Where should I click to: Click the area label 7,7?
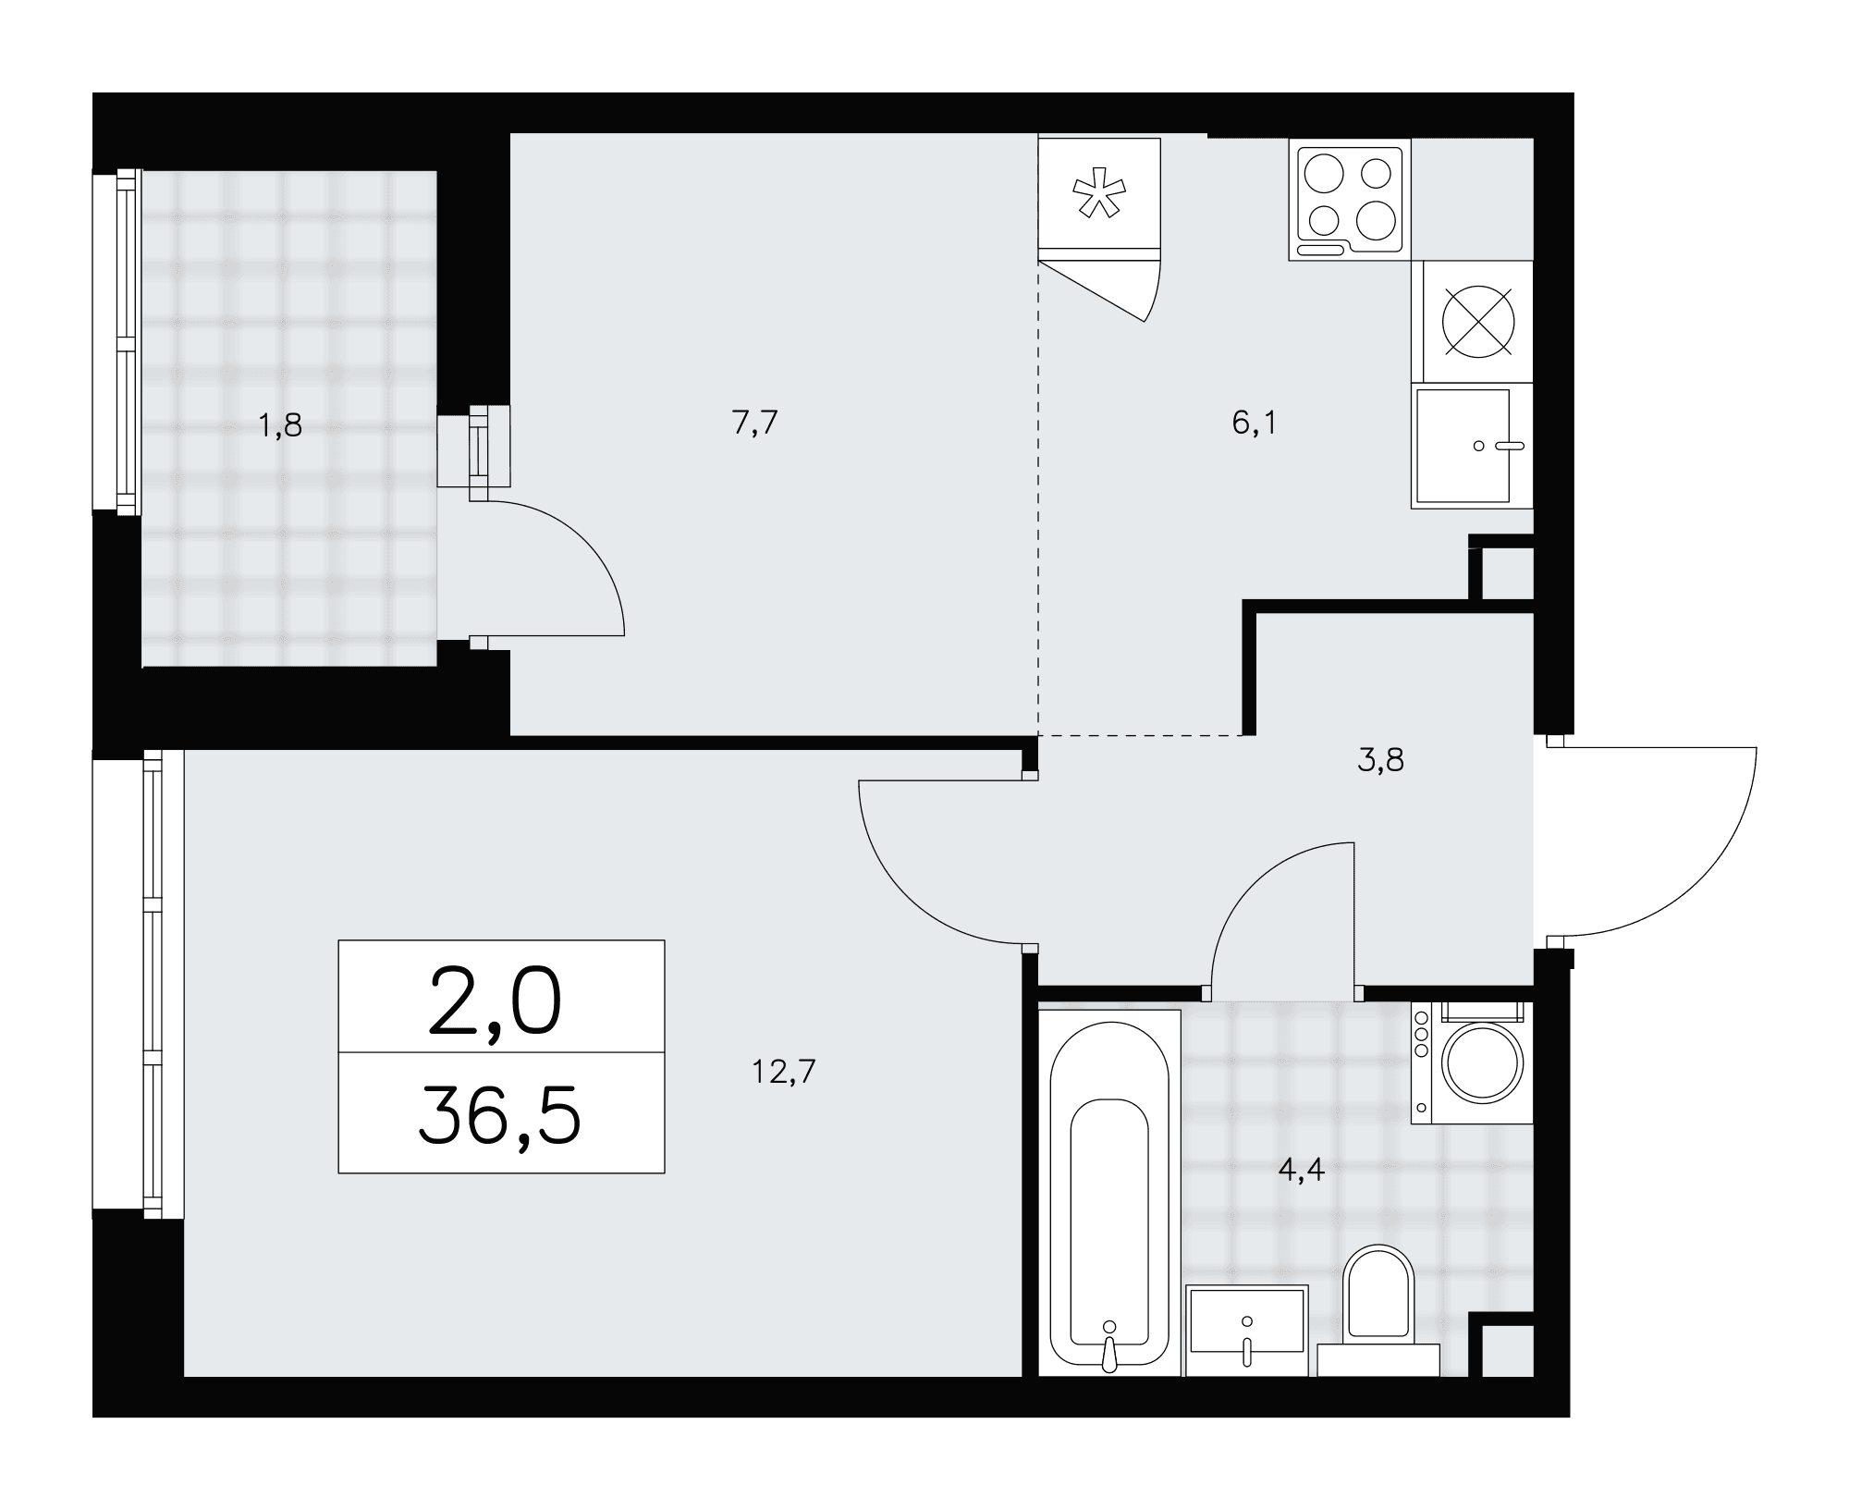(x=754, y=423)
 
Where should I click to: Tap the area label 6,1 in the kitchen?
(x=1254, y=423)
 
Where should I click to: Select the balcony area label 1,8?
(x=280, y=426)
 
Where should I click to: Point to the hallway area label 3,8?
(x=1381, y=760)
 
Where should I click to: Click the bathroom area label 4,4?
(x=1301, y=1171)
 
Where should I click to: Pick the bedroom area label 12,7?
(x=783, y=1072)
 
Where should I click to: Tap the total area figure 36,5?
(x=499, y=1115)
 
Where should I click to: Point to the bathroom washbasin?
(x=1247, y=1330)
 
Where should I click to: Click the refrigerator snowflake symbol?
(x=1099, y=193)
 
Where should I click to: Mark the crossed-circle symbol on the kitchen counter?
(x=1479, y=320)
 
